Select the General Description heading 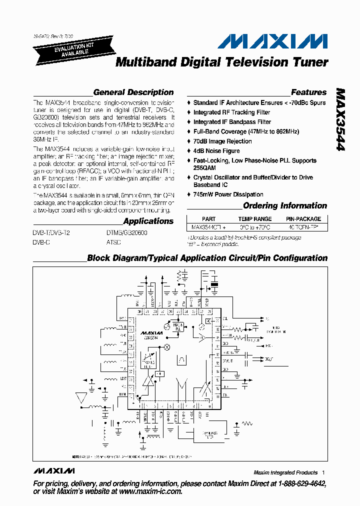(133, 92)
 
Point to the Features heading (308, 92)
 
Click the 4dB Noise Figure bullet (216, 151)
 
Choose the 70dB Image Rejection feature (222, 141)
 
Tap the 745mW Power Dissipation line (228, 194)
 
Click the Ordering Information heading (284, 206)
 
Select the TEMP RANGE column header (255, 219)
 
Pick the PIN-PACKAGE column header (303, 219)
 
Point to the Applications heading (148, 221)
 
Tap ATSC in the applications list (113, 241)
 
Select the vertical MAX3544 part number (341, 120)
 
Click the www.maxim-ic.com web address (151, 491)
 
